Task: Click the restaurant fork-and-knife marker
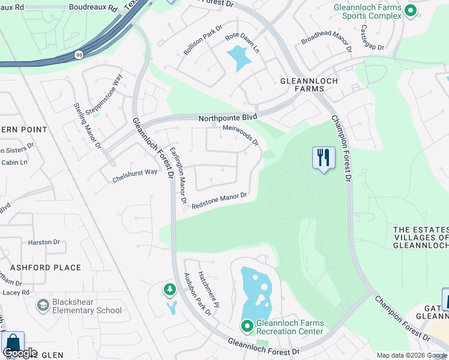pyautogui.click(x=324, y=158)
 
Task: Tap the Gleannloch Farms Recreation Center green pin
pyautogui.click(x=247, y=326)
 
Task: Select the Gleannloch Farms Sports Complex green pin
pyautogui.click(x=411, y=10)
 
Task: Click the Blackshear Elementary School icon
pyautogui.click(x=43, y=306)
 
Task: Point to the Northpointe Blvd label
pyautogui.click(x=228, y=118)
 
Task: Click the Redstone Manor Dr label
pyautogui.click(x=219, y=201)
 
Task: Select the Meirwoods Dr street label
pyautogui.click(x=240, y=135)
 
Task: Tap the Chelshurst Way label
pyautogui.click(x=134, y=176)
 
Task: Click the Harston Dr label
pyautogui.click(x=44, y=242)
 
